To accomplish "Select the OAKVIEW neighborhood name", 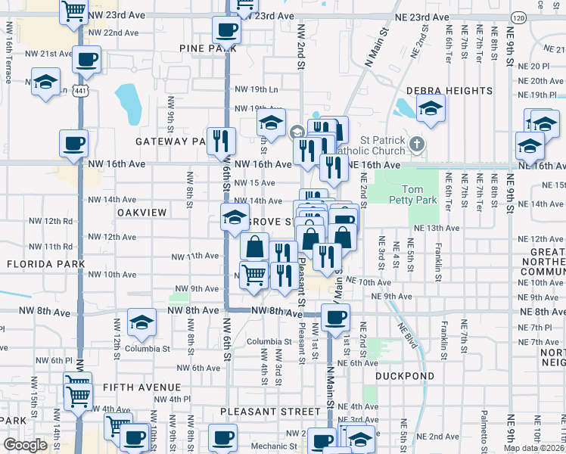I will pyautogui.click(x=141, y=213).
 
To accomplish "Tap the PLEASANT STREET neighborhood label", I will pyautogui.click(x=270, y=412).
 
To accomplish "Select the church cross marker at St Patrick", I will pyautogui.click(x=416, y=144).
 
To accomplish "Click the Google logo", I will pyautogui.click(x=25, y=445).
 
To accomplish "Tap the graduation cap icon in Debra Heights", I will pyautogui.click(x=431, y=109).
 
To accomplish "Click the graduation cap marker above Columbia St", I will pyautogui.click(x=141, y=323).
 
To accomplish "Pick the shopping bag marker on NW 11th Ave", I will pyautogui.click(x=255, y=247).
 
